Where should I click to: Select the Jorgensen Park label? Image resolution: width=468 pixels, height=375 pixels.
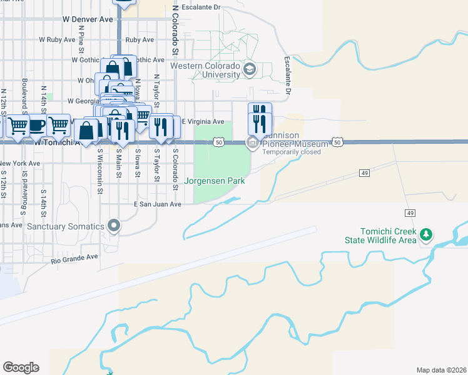[213, 181]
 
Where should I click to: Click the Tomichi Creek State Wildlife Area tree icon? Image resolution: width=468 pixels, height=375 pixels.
[426, 234]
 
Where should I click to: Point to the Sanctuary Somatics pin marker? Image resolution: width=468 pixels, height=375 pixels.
[113, 225]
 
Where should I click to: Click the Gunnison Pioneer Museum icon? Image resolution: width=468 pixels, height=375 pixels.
[253, 143]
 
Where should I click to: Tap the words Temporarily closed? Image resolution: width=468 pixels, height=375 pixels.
[292, 152]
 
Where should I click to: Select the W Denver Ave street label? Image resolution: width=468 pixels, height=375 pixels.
[88, 19]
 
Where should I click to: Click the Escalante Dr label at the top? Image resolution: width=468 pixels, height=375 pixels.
[200, 7]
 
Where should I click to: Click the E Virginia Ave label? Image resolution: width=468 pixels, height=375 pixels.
[202, 121]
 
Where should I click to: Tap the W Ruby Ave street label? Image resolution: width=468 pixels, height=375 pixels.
[56, 39]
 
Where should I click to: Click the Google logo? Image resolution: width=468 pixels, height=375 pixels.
[21, 367]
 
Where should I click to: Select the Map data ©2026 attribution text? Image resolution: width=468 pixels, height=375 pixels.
[440, 370]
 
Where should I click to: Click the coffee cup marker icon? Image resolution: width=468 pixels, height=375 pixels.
[36, 125]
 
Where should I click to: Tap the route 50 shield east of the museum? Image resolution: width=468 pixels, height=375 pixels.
[337, 142]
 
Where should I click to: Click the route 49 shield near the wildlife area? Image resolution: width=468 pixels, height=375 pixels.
[410, 213]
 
